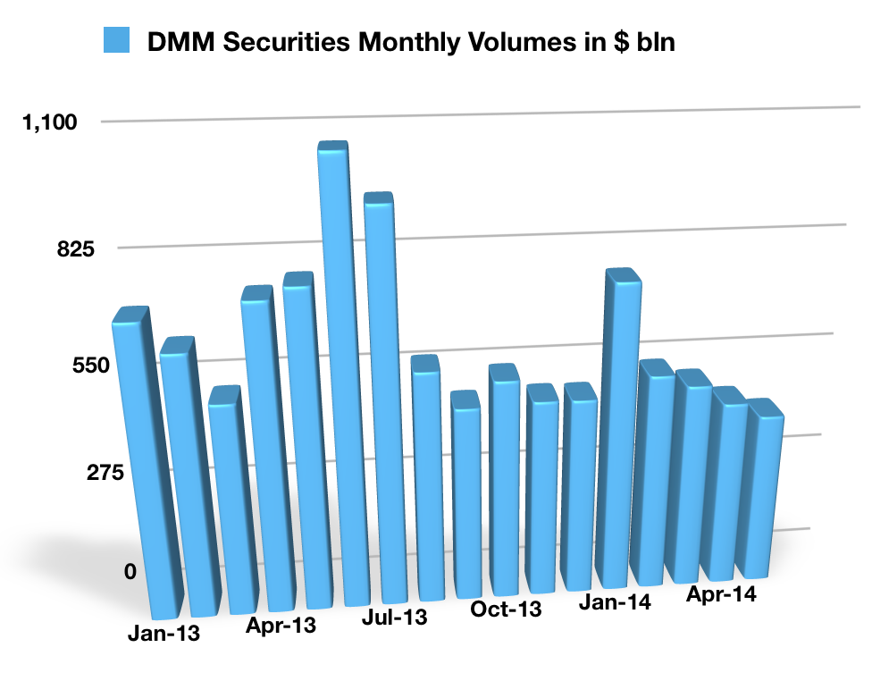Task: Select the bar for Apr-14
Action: tap(728, 487)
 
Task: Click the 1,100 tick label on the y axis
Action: tap(50, 123)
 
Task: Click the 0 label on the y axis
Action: tap(130, 571)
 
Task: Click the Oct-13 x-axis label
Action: tap(506, 610)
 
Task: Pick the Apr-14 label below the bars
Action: tap(721, 594)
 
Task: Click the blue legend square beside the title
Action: tap(116, 40)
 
